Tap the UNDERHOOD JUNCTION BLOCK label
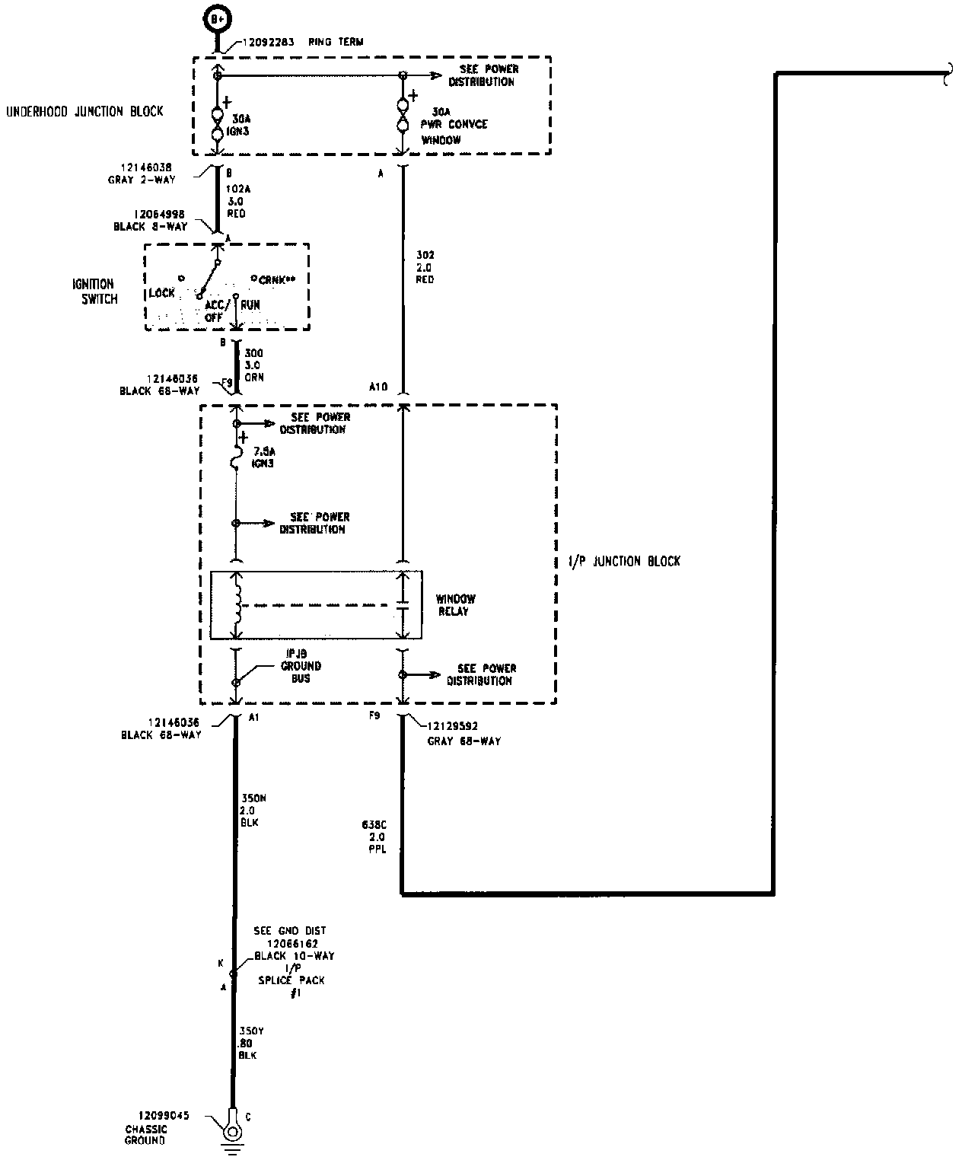85,111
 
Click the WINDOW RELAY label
456,605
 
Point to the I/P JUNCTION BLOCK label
624,561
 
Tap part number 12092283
269,42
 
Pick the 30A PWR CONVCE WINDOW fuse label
454,125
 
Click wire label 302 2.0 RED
425,267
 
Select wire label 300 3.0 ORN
253,365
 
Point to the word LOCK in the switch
162,293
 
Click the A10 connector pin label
378,387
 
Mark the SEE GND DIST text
290,930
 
